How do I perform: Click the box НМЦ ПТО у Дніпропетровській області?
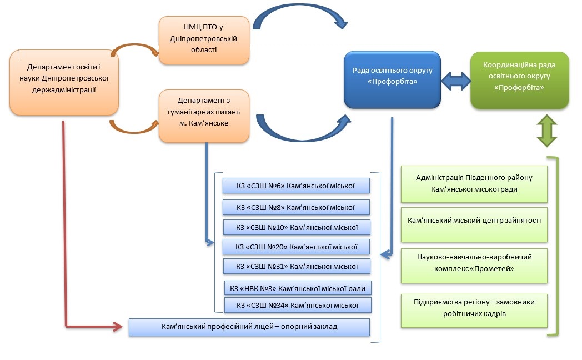204,40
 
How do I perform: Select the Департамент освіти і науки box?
64,82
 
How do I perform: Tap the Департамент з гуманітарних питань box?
204,116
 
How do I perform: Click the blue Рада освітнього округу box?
392,80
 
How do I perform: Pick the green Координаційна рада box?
520,81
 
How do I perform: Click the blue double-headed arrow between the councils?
456,81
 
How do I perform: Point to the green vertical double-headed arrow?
547,131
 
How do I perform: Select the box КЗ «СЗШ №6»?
296,186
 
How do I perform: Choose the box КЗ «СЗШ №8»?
296,207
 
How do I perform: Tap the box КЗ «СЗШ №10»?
297,228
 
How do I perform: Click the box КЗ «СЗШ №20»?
296,247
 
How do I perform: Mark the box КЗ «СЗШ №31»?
297,266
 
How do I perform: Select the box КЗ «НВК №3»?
298,288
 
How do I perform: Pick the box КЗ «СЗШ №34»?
298,305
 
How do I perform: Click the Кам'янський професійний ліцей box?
249,327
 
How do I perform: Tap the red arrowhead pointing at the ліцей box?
118,327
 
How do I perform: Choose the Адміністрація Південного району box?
474,184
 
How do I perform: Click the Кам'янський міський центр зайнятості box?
474,224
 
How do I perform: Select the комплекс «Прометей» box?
474,266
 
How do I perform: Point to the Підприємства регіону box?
474,311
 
